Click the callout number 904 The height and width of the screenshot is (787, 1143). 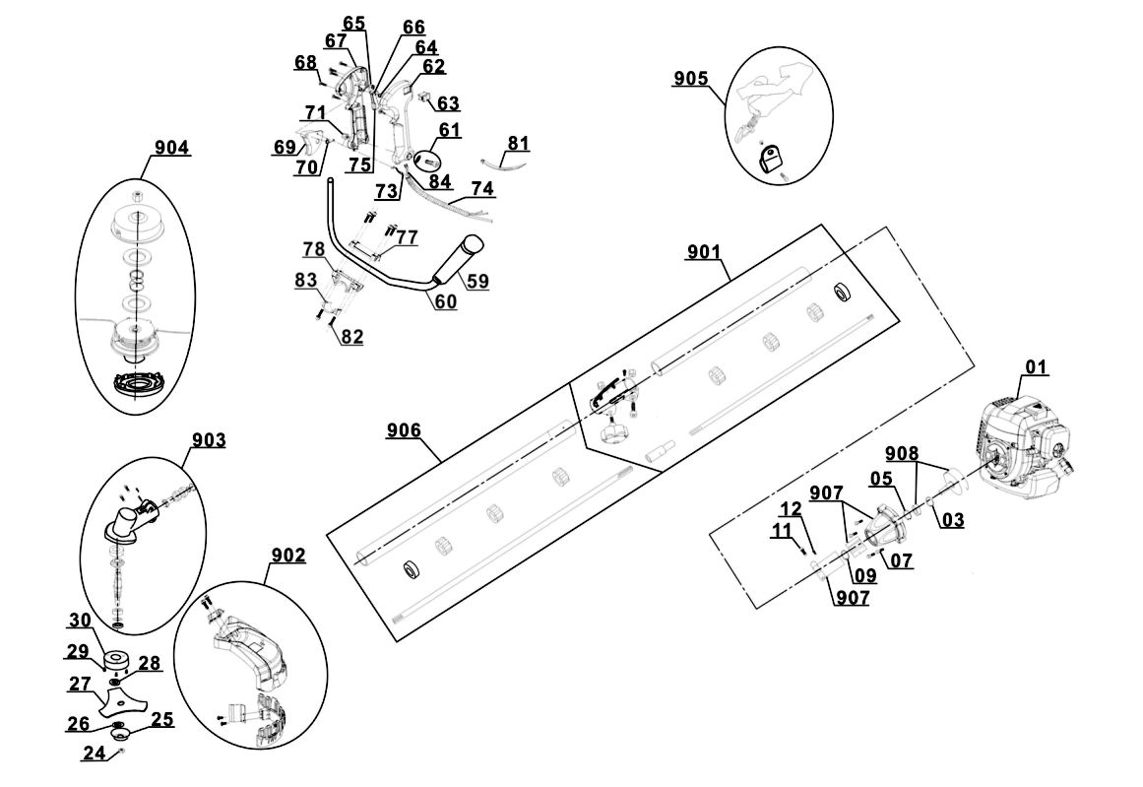[x=171, y=148]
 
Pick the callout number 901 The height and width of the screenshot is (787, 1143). [x=706, y=253]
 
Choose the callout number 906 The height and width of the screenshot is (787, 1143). [x=404, y=430]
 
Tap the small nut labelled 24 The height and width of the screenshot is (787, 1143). [x=120, y=752]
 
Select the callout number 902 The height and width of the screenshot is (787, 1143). [x=286, y=556]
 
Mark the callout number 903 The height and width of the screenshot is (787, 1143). [x=207, y=439]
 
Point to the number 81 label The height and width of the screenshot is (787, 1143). [x=518, y=144]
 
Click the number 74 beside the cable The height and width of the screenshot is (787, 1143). [x=482, y=188]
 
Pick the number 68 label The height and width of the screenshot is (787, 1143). [x=305, y=62]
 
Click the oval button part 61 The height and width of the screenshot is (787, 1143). [x=429, y=160]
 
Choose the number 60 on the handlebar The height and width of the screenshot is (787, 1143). [x=445, y=302]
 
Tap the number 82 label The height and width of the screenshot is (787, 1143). [x=351, y=337]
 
